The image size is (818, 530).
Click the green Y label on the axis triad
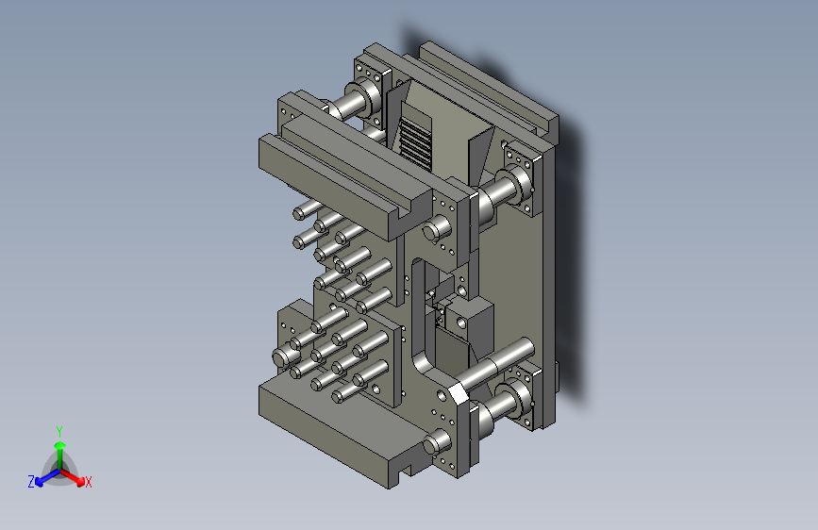[59, 432]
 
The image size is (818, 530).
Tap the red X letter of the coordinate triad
[88, 482]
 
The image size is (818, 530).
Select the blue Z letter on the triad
[31, 482]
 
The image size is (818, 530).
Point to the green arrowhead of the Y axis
[60, 445]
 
